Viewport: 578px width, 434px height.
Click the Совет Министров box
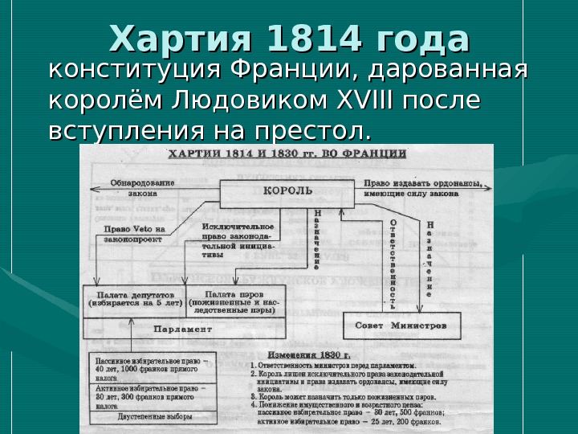click(x=401, y=325)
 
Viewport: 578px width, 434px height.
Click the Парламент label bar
click(x=183, y=330)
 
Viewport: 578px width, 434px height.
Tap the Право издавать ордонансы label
click(x=423, y=187)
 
